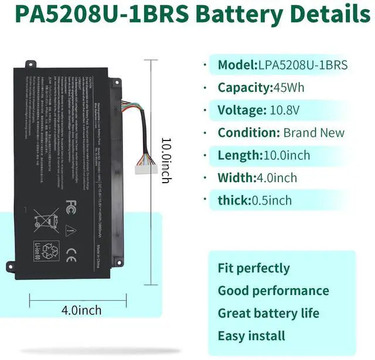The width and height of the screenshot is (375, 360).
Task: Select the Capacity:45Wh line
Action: coord(261,88)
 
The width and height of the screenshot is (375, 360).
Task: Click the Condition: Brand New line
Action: coord(281,132)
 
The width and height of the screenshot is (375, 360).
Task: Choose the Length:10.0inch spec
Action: coord(264,155)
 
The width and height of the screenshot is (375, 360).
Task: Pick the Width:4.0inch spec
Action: coord(257,177)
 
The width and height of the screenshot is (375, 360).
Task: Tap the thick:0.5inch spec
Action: coord(254,200)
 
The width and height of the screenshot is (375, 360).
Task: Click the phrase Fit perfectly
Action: coord(254,269)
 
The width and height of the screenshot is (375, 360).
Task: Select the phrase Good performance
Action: coord(273,291)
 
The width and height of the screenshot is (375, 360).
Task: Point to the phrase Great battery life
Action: coord(268,313)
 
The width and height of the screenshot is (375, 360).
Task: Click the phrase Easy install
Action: coord(251,336)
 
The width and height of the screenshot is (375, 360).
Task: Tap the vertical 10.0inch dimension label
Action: coord(166,160)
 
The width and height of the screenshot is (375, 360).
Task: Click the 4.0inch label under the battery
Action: coord(81,310)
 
